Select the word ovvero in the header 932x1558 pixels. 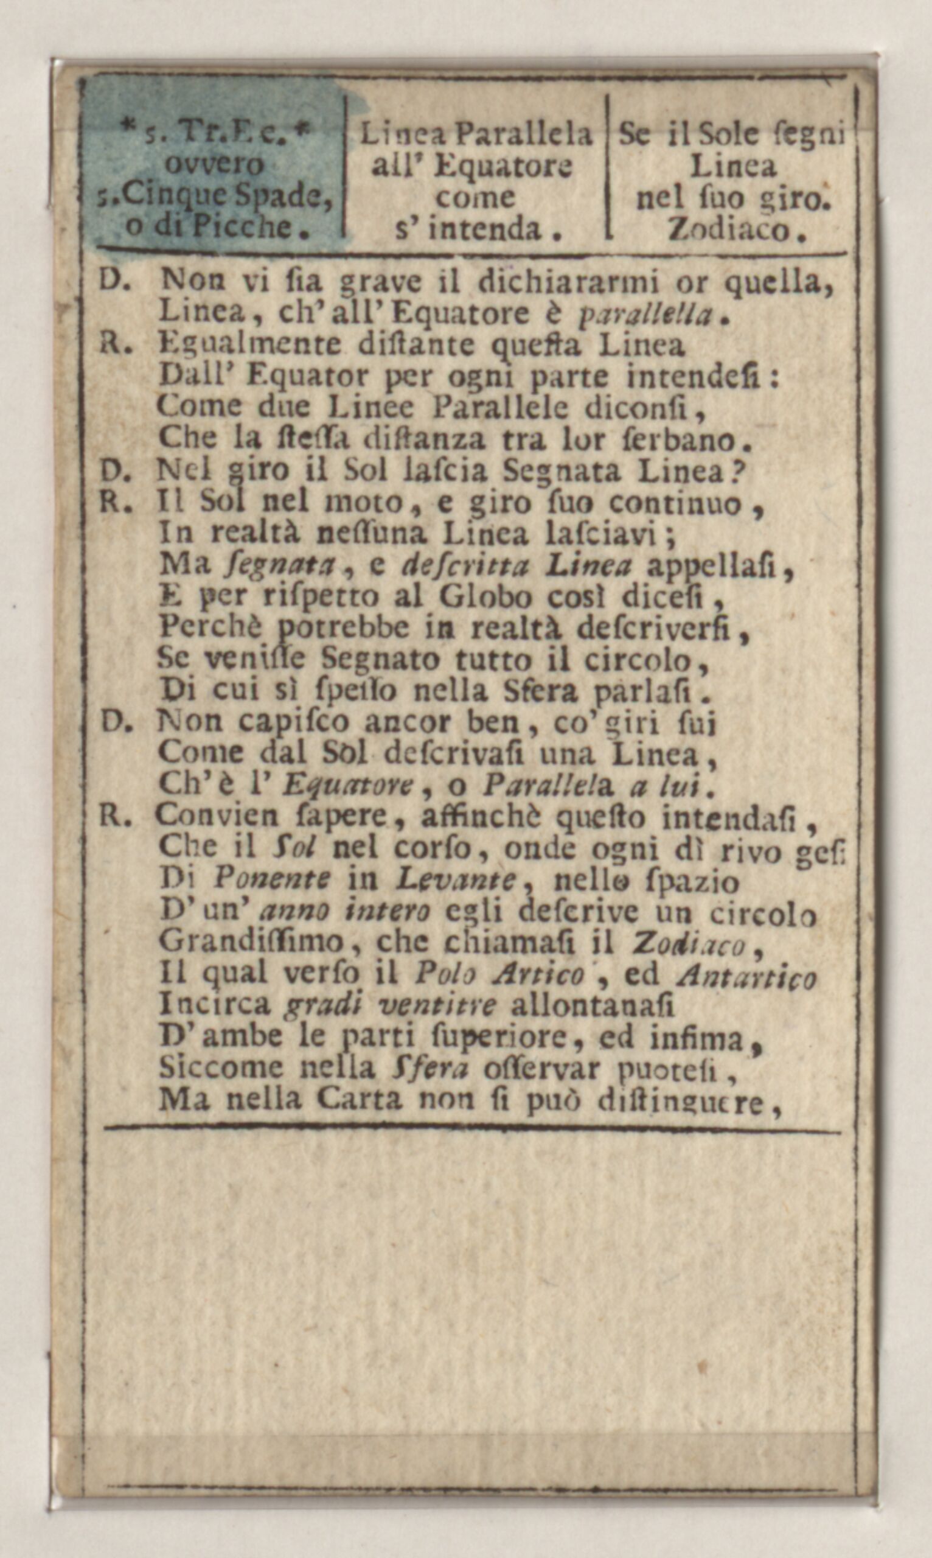[x=214, y=165]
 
